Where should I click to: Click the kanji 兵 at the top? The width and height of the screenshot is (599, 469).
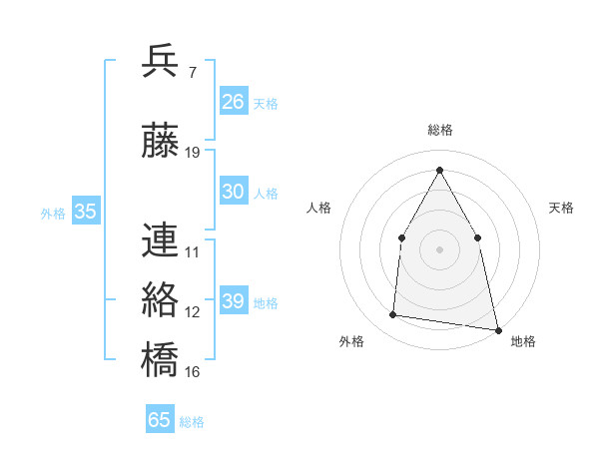[161, 62]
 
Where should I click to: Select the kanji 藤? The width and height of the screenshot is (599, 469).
[161, 142]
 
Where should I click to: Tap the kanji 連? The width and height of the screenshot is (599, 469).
[161, 240]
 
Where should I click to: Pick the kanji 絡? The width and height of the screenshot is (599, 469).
[161, 299]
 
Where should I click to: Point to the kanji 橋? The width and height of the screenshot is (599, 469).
[161, 358]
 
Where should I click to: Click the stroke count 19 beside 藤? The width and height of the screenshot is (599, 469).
[193, 153]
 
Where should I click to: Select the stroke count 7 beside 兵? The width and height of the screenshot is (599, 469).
[192, 73]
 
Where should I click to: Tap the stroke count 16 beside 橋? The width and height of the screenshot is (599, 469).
[193, 371]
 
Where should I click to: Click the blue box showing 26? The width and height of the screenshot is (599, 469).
[234, 101]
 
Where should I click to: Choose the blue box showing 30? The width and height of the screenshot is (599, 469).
[234, 192]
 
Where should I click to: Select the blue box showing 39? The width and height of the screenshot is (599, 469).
[234, 301]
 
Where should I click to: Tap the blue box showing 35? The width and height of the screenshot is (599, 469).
[86, 212]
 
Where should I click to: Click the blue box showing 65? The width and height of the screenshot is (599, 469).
[160, 420]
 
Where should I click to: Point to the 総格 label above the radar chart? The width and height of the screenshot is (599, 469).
[440, 131]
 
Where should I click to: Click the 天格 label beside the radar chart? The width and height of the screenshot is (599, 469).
[562, 208]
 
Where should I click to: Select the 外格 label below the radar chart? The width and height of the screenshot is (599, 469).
[351, 342]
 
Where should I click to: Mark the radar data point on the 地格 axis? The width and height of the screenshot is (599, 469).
[496, 328]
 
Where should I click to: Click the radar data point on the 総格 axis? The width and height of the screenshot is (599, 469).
[439, 169]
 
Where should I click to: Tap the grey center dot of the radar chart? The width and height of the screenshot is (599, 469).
[439, 248]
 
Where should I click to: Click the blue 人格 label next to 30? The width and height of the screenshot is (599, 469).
[266, 194]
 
